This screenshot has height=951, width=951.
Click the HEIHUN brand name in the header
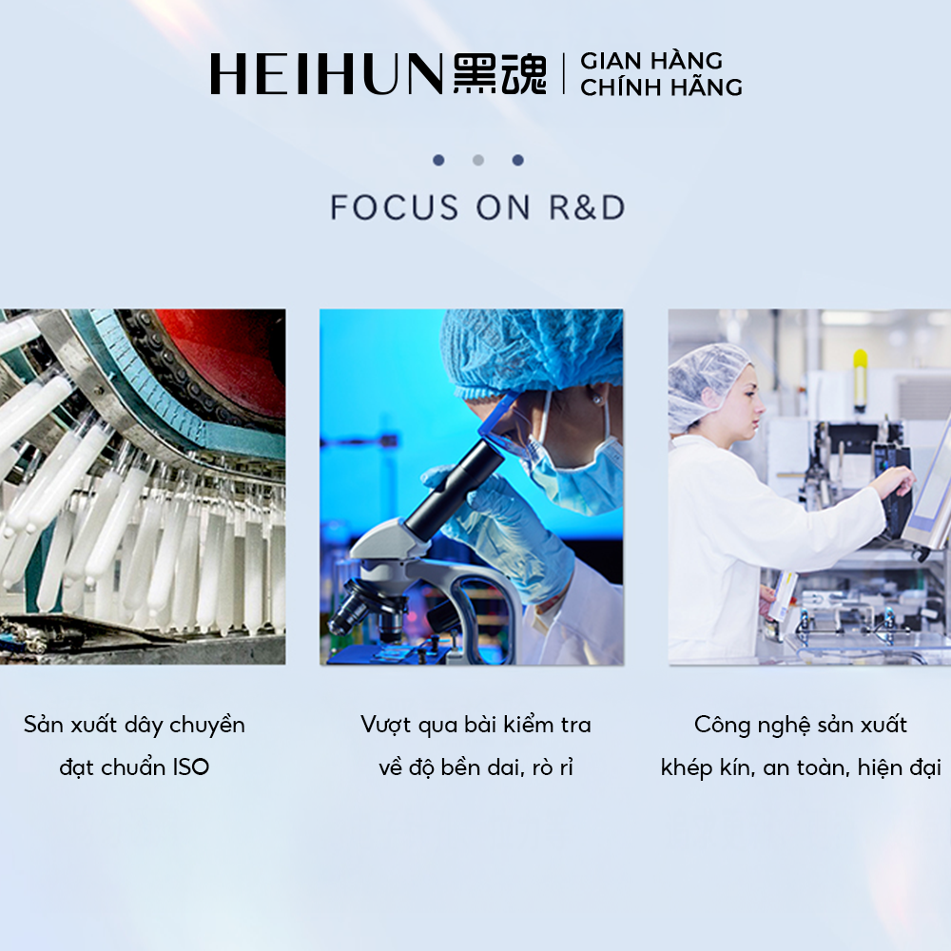326,74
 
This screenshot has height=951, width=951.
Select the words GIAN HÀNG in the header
651,60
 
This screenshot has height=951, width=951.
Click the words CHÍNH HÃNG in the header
661,87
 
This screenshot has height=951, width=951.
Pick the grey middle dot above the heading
478,160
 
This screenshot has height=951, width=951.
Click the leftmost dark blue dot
438,160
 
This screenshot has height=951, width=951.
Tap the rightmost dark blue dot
517,160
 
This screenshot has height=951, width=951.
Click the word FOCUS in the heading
395,207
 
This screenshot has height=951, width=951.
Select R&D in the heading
587,207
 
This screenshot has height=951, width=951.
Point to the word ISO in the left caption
190,767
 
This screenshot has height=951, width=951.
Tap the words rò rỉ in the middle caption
553,767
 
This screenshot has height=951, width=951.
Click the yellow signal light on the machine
860,378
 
